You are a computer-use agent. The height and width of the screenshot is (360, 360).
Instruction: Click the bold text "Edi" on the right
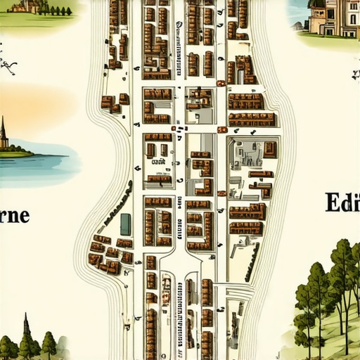(343, 202)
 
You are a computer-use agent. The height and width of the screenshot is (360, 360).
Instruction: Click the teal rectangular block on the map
(125, 224)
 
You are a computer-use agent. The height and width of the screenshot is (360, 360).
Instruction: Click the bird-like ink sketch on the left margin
(8, 67)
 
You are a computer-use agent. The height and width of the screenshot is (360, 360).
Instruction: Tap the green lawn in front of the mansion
(327, 40)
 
